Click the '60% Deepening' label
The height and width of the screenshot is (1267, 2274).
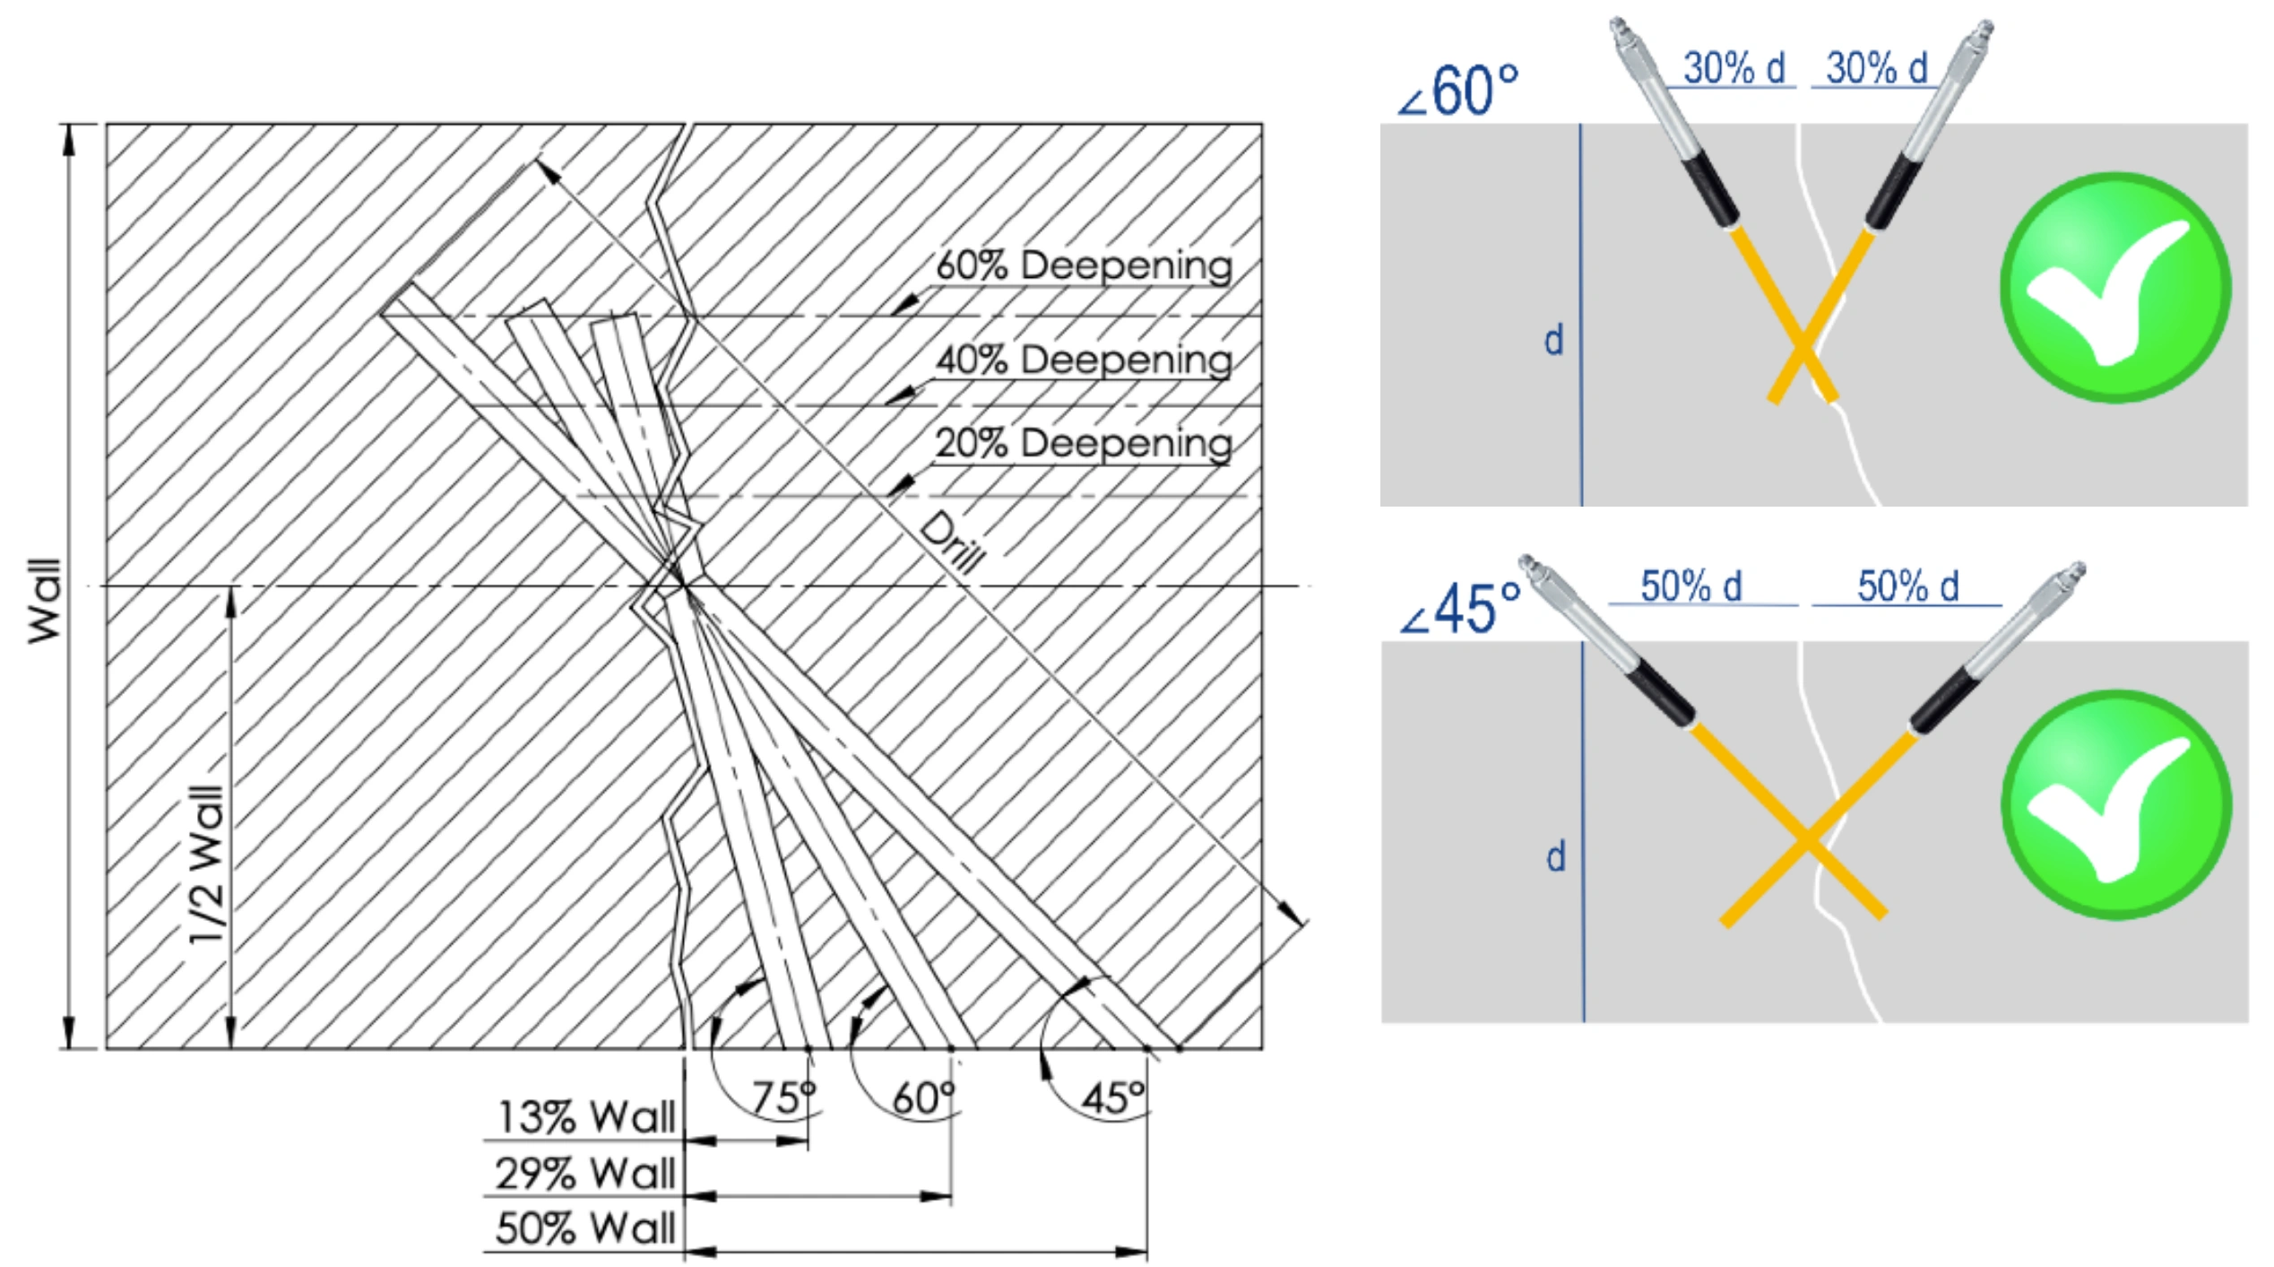pyautogui.click(x=1084, y=266)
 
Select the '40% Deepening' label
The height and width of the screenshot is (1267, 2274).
pyautogui.click(x=1084, y=360)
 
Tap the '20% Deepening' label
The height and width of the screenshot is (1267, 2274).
pyautogui.click(x=1084, y=444)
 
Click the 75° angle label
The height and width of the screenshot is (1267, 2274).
pyautogui.click(x=783, y=1098)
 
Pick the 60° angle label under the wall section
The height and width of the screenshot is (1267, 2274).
pyautogui.click(x=924, y=1098)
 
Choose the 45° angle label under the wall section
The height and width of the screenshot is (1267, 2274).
pyautogui.click(x=1113, y=1098)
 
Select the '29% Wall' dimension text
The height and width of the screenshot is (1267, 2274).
pyautogui.click(x=586, y=1174)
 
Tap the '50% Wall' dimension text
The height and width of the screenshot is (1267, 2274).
pyautogui.click(x=586, y=1228)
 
